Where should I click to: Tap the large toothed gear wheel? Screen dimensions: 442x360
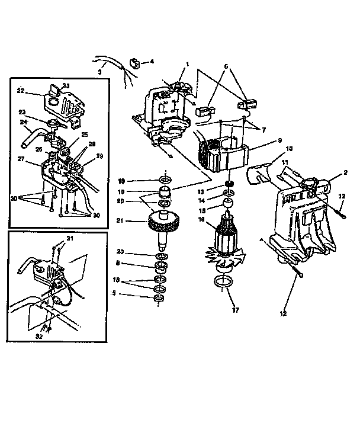(163, 225)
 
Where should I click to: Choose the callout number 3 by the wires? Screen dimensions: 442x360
(100, 72)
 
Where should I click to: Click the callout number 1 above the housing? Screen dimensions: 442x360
(187, 63)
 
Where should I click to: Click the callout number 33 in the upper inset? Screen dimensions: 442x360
(66, 87)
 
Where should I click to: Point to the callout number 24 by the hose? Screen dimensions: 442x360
(24, 123)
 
